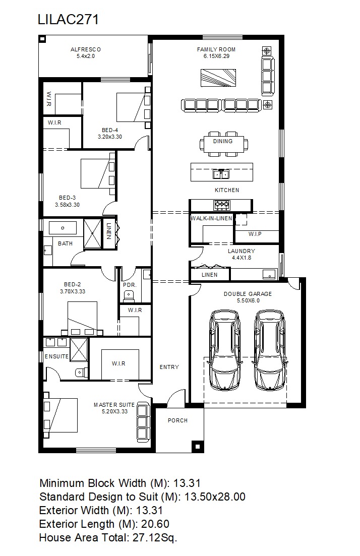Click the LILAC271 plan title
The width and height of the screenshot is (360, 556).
pos(68,20)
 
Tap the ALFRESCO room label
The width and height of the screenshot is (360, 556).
pos(86,49)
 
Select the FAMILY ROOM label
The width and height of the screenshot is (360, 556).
pos(216,49)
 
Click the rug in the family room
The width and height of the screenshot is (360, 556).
pos(218,78)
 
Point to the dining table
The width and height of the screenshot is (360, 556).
pos(223,144)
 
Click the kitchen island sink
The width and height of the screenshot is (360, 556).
pos(221,174)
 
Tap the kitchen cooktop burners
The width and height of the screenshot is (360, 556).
pos(222,205)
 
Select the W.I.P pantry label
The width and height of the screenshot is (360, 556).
pos(255,234)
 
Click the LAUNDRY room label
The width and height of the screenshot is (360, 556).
pos(242,251)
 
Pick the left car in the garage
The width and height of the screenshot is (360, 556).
pos(224,350)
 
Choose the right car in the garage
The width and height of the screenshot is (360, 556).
pos(270,350)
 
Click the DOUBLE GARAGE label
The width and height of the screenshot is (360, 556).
pos(248,294)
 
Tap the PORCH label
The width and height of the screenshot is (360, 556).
pos(177,420)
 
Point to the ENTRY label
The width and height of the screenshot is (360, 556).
pos(169,367)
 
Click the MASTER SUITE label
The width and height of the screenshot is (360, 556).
pos(114,405)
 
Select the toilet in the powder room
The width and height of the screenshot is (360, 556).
pos(129,295)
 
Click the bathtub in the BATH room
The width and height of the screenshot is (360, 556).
pos(63,228)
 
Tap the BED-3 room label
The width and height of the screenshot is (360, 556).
pos(68,198)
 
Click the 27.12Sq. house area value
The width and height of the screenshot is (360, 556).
pos(155,538)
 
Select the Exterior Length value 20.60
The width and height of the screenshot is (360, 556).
pos(155,524)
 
